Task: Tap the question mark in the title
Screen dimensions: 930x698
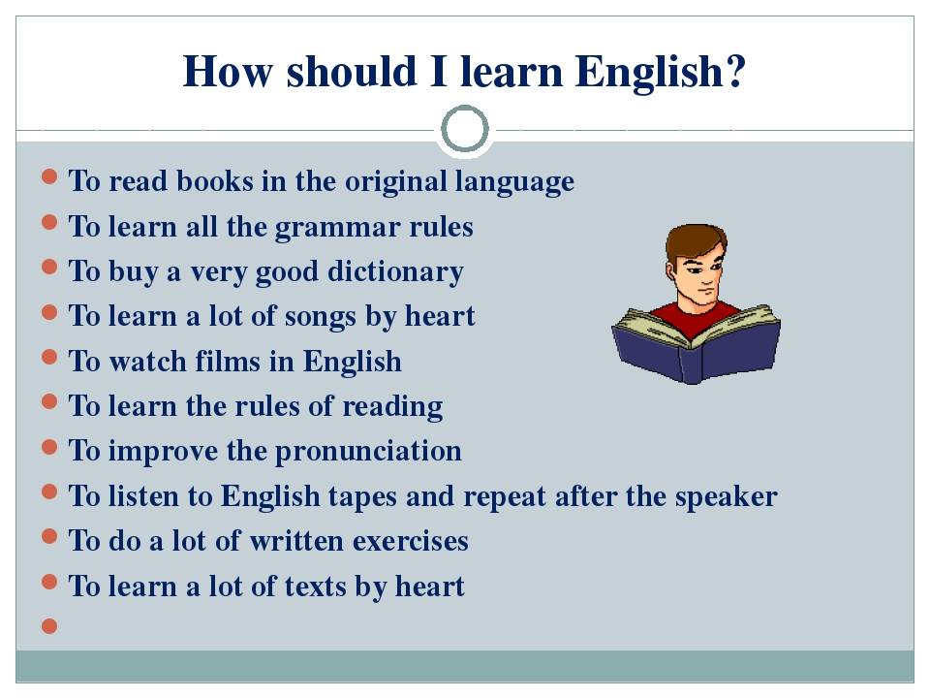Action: [734, 71]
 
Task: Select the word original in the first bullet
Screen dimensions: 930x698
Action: [395, 181]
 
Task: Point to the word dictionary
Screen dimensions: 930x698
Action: [395, 272]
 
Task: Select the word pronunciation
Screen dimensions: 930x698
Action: [368, 452]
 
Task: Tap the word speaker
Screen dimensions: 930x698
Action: [726, 497]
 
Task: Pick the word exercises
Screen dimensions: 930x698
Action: [411, 541]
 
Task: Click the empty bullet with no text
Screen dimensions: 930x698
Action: [49, 625]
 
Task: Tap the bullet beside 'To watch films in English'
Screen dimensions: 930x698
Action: [49, 357]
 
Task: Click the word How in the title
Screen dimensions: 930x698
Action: [228, 72]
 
